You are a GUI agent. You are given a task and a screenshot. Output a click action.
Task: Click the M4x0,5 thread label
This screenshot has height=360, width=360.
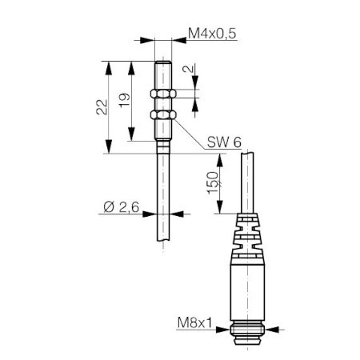[x=212, y=34]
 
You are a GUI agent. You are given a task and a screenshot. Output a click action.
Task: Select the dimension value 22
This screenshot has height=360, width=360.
[x=102, y=107]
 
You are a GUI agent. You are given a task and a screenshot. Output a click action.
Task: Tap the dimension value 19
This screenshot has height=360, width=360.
[x=125, y=100]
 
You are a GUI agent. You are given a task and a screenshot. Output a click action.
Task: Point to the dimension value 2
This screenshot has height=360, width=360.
[x=188, y=69]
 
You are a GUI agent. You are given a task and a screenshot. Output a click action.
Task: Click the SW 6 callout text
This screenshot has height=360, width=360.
[x=224, y=142]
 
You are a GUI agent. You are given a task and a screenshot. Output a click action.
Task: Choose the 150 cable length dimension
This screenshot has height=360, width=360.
[x=213, y=182]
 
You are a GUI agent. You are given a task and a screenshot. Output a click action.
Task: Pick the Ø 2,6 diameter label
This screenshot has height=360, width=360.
[x=122, y=207]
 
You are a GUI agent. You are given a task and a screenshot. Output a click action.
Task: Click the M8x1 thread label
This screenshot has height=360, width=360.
[x=194, y=323]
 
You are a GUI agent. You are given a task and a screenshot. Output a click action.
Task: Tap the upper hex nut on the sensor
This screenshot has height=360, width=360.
[x=163, y=94]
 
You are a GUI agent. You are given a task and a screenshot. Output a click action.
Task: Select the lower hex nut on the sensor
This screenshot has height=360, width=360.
[x=163, y=114]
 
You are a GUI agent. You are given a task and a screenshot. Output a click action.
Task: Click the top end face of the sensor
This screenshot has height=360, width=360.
[x=163, y=62]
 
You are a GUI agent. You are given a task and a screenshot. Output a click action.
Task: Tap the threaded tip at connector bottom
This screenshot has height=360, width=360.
[x=248, y=333]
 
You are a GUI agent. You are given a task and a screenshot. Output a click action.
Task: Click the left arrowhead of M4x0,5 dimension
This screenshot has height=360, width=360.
[x=147, y=40]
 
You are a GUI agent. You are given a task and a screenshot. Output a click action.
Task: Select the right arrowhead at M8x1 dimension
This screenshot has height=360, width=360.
[x=272, y=330]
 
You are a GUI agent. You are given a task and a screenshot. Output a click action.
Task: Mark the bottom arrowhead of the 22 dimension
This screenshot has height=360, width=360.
[x=108, y=146]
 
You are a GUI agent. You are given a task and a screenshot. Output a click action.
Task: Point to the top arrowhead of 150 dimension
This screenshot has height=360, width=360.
[x=220, y=161]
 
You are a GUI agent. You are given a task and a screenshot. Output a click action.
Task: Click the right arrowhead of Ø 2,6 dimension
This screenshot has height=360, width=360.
[x=177, y=214]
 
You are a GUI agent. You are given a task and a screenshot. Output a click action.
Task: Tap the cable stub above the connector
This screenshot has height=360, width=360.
[x=248, y=183]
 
